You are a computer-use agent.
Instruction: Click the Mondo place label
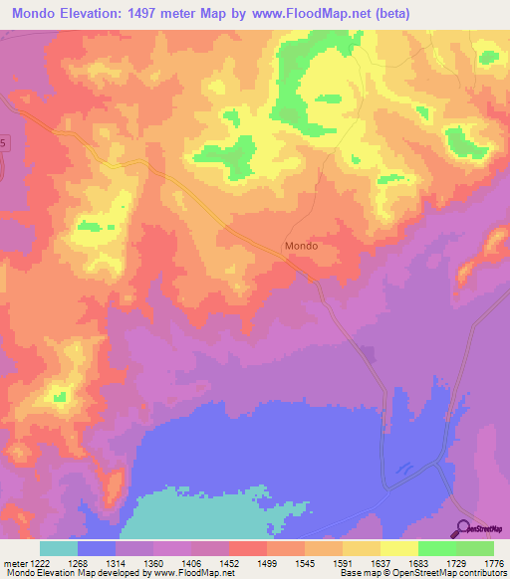click(x=301, y=245)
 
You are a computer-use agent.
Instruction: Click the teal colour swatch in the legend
click(x=59, y=548)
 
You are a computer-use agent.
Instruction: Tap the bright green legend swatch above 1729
click(x=437, y=548)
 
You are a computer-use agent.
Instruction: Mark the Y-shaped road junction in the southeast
click(x=438, y=464)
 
